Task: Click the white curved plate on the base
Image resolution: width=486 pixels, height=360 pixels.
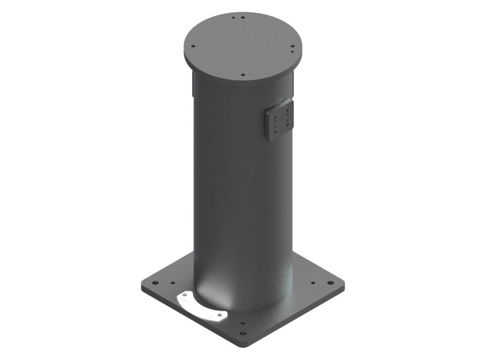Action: pos(200,307)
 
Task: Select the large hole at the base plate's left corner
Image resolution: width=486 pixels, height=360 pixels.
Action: pos(155,283)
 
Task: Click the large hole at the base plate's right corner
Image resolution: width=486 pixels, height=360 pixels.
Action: pos(330,283)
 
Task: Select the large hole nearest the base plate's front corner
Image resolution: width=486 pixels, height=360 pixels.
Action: pos(243,333)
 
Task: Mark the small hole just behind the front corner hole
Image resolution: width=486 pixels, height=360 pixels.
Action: pos(243,324)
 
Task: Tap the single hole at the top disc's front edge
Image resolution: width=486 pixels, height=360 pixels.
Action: pos(243,75)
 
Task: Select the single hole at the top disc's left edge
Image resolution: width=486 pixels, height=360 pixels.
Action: pos(193,46)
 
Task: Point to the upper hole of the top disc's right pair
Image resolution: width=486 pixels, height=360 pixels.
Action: pos(292,46)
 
